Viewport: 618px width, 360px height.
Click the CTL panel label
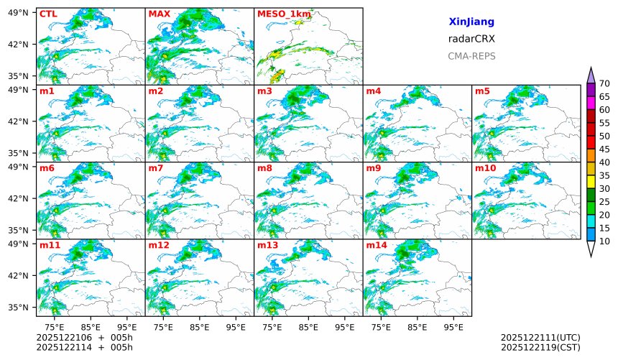(x=48, y=14)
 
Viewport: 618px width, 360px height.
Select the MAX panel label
(x=159, y=14)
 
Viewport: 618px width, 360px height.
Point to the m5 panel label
(x=481, y=91)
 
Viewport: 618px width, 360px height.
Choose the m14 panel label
(x=376, y=245)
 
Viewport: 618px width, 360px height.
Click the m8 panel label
(x=264, y=168)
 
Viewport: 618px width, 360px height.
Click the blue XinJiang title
(x=471, y=22)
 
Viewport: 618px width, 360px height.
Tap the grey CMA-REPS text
(x=471, y=55)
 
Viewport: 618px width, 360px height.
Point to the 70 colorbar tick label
(x=604, y=84)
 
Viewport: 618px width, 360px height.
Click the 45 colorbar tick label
(x=604, y=149)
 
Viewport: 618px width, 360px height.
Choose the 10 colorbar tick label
(x=604, y=241)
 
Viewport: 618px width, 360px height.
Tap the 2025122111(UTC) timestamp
(x=540, y=337)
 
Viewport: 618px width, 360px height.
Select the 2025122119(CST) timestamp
(x=540, y=347)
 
